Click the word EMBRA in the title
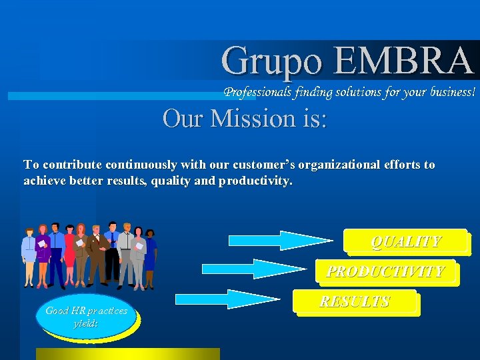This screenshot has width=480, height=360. (x=403, y=61)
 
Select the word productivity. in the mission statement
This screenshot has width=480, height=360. (x=255, y=181)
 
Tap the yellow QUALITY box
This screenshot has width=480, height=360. (x=406, y=242)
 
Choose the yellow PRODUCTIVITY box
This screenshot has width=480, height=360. (x=385, y=271)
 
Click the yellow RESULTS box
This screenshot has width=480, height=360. (x=355, y=302)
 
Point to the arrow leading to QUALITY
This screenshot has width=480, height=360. (x=279, y=240)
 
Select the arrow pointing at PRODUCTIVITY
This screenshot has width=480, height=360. (x=253, y=269)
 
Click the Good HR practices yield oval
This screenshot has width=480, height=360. (x=86, y=317)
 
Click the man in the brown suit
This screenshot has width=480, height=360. (x=97, y=253)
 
